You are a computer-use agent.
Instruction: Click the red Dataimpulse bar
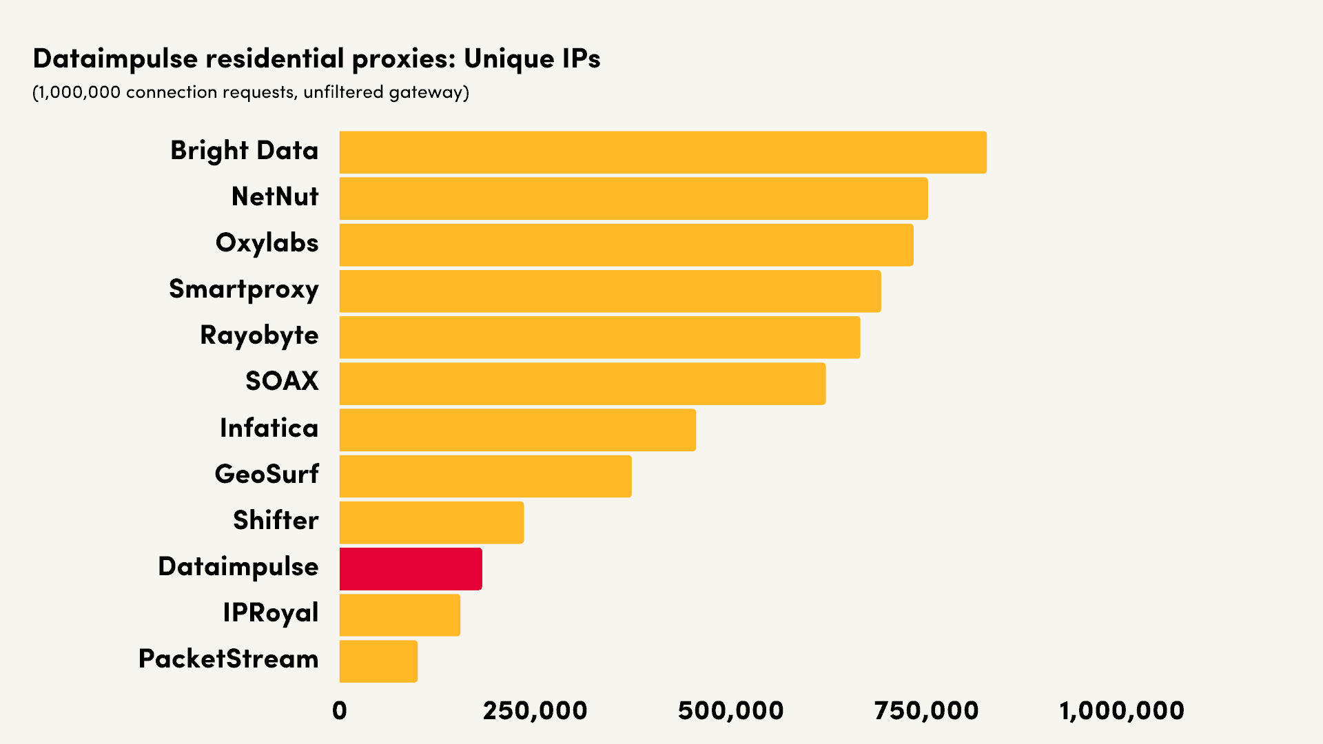pos(411,569)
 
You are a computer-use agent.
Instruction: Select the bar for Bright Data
pos(663,152)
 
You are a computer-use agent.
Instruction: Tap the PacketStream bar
pos(378,661)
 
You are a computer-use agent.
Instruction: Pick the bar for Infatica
pos(517,430)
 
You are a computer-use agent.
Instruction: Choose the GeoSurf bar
pos(485,476)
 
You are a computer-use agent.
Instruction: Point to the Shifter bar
pos(431,522)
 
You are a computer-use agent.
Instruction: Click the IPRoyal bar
pos(400,615)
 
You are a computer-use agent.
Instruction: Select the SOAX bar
pos(582,384)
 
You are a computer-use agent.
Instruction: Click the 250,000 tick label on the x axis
pos(535,711)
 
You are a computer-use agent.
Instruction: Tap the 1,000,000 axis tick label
pos(1122,711)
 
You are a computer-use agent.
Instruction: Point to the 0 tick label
pos(340,711)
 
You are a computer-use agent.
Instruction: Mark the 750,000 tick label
pos(926,711)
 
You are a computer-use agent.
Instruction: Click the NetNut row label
pos(275,197)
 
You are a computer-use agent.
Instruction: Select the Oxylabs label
pos(267,243)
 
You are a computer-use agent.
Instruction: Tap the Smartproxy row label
pos(244,289)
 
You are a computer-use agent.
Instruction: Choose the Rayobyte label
pos(259,335)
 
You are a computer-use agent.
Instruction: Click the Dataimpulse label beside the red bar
pos(238,567)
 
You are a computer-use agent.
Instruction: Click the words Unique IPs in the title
pos(532,59)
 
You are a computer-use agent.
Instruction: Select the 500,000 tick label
pos(730,711)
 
